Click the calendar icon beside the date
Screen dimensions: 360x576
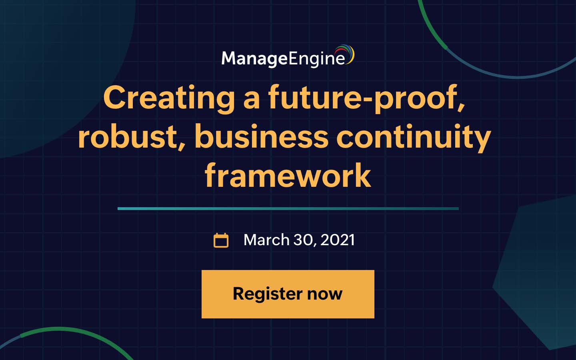[221, 240]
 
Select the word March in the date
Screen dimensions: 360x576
[266, 240]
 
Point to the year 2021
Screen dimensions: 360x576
[338, 240]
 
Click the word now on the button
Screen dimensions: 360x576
[324, 294]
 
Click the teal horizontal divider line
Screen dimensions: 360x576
[288, 208]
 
